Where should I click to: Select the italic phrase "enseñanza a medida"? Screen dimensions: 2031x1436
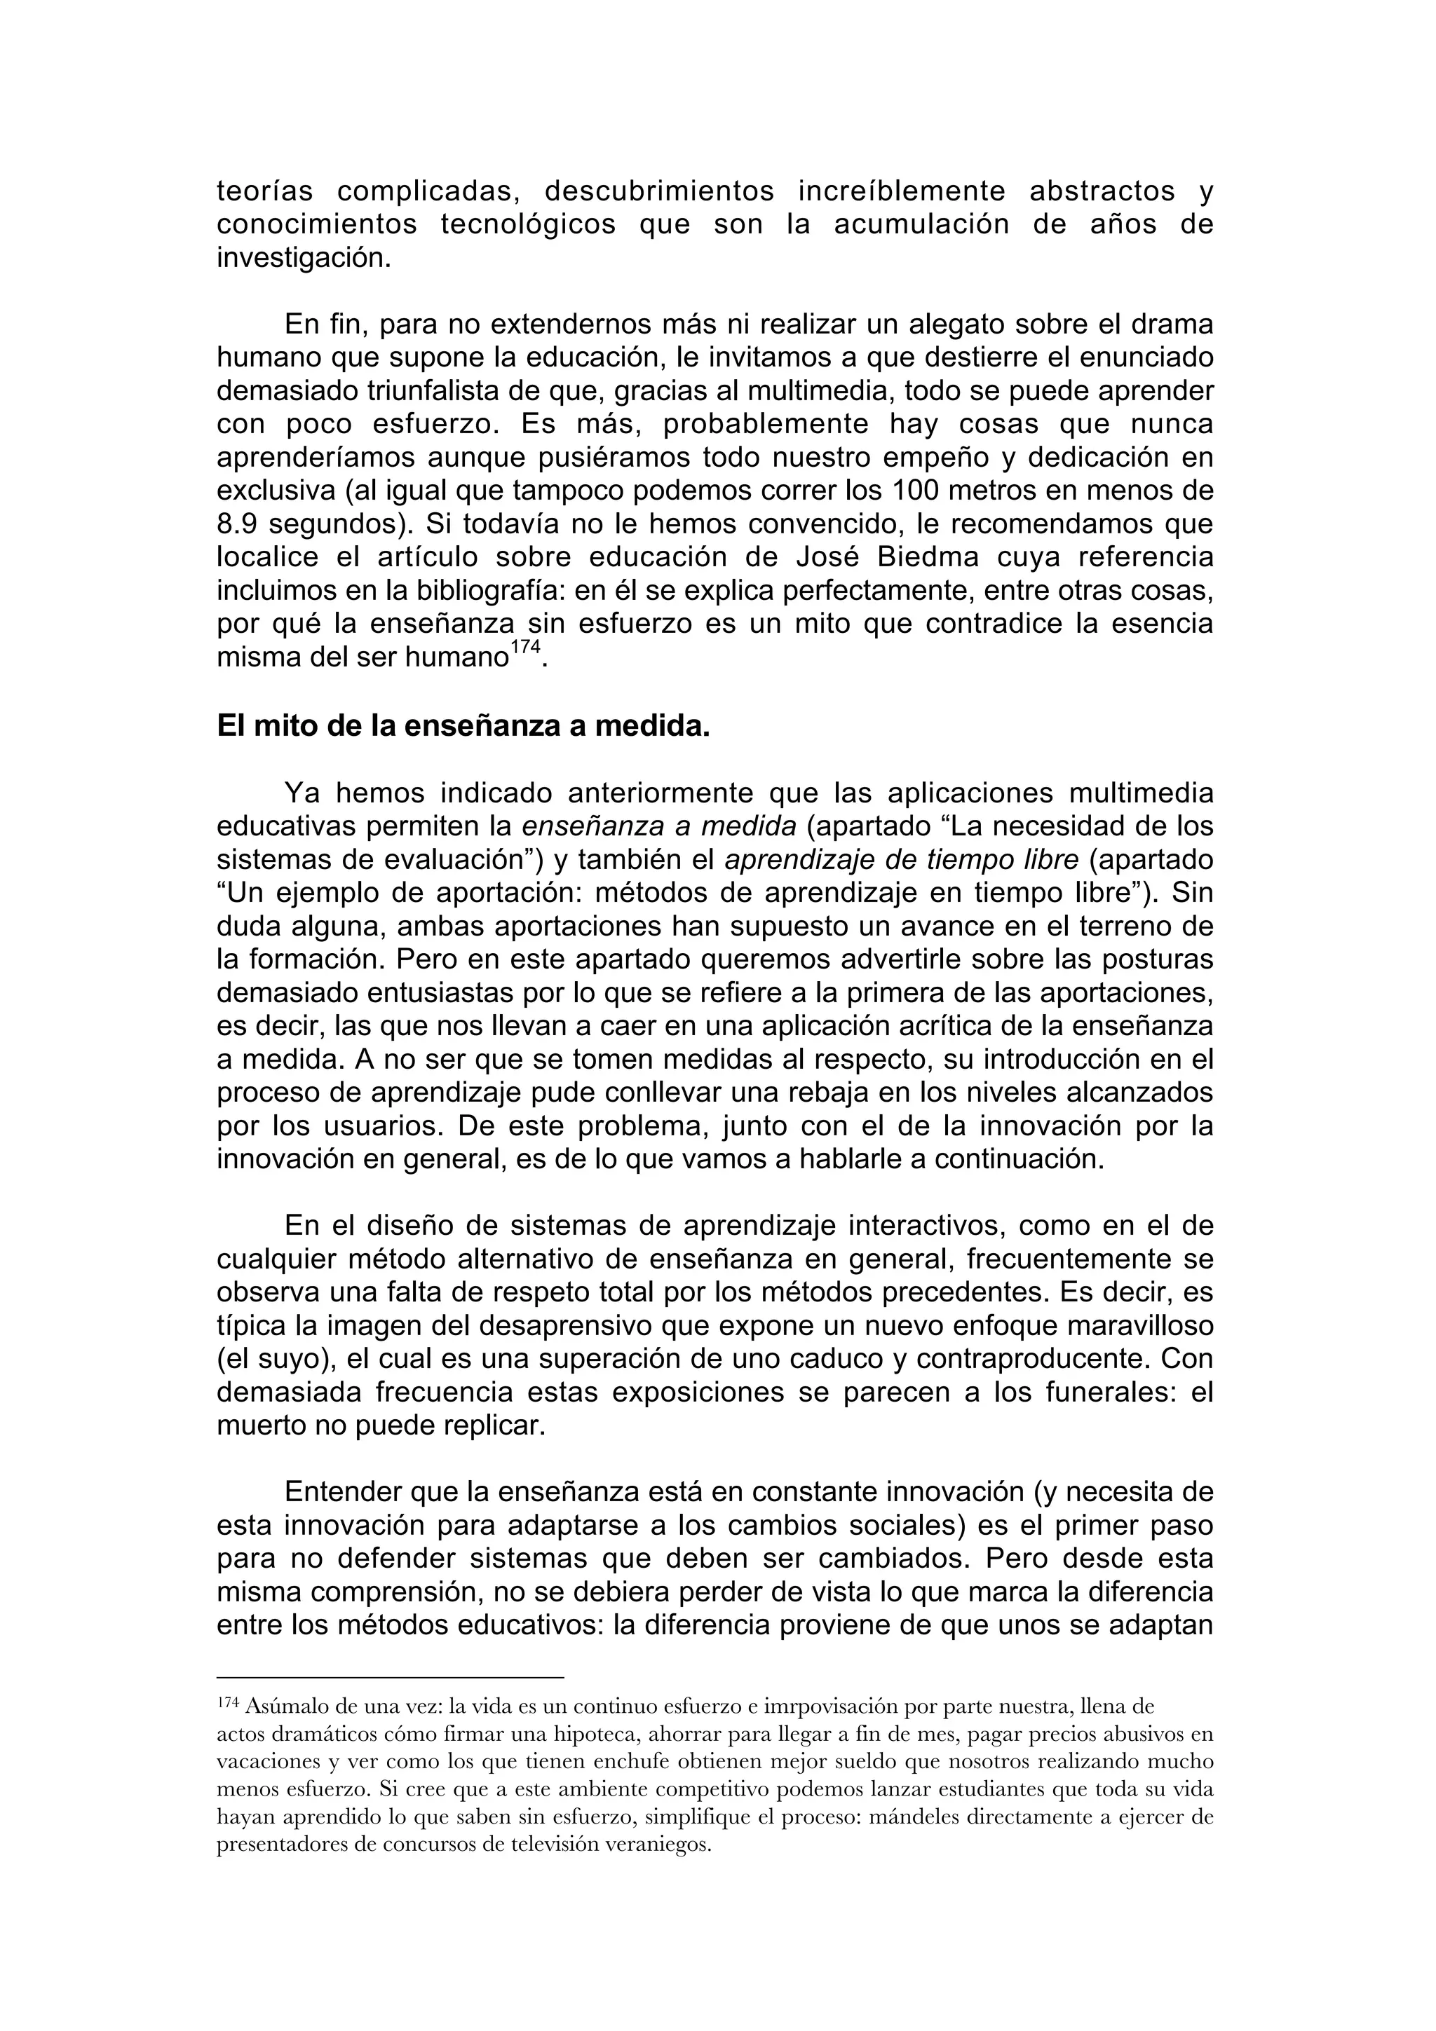659,827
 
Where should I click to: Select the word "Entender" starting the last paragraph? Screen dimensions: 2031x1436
344,1493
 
